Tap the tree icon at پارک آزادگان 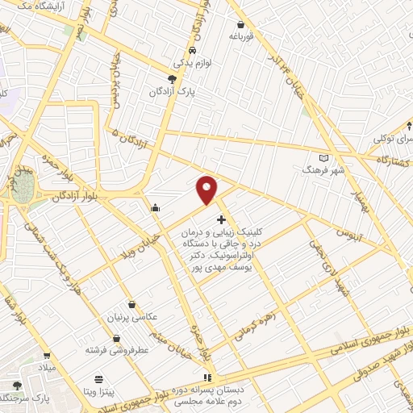pos(172,79)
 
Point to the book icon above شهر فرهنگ pos(324,158)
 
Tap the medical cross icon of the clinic pos(221,219)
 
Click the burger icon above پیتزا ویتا pos(98,379)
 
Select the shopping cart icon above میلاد pos(47,356)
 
